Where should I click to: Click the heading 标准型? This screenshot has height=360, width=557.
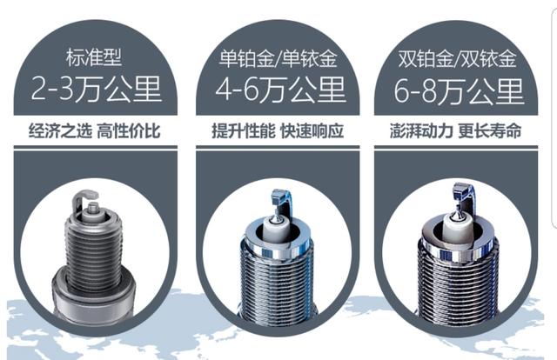(x=94, y=57)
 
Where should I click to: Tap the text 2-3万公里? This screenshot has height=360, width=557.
(x=97, y=89)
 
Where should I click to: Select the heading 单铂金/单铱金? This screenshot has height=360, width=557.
(x=278, y=58)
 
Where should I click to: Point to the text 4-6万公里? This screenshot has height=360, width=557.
(x=280, y=90)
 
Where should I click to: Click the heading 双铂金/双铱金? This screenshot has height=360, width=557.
(x=457, y=58)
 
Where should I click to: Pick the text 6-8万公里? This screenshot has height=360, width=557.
(x=459, y=91)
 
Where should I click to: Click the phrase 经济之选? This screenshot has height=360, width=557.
(x=60, y=131)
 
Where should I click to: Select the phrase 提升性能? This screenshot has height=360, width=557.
(x=244, y=131)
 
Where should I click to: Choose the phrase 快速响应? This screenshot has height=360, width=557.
(x=312, y=131)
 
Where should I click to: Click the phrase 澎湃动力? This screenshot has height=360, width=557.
(x=421, y=131)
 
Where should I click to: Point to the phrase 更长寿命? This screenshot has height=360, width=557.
(x=490, y=131)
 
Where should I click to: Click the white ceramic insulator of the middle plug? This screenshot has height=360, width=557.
(x=277, y=227)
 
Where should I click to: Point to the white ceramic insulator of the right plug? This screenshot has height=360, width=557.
(x=459, y=224)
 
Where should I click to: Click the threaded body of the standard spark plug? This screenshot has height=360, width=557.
(x=93, y=252)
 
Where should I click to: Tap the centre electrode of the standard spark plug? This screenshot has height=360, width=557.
(x=93, y=207)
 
